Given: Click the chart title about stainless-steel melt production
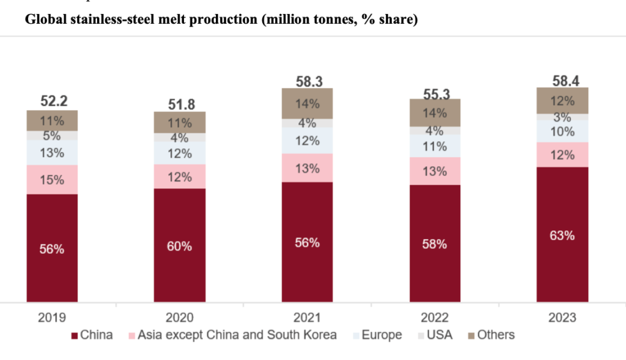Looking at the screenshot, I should point(221,20).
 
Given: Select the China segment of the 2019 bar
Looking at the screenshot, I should point(52,248).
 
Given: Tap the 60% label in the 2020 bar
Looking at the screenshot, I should point(180,246).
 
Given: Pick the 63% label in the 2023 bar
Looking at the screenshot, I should point(562,235).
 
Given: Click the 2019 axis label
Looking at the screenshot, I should point(52,317).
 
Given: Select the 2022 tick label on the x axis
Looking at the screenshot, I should point(435,317).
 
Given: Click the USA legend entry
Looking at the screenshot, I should point(433,335).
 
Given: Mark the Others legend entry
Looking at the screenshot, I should point(490,335).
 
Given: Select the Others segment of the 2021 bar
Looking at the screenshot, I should point(307,103).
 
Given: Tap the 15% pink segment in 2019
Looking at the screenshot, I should point(52,180).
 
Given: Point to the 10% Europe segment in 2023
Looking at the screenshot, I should point(562,131).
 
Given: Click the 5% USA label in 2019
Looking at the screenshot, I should point(52,136).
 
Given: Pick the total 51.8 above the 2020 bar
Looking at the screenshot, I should point(180,103).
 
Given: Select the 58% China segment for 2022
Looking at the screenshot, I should point(435,243).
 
